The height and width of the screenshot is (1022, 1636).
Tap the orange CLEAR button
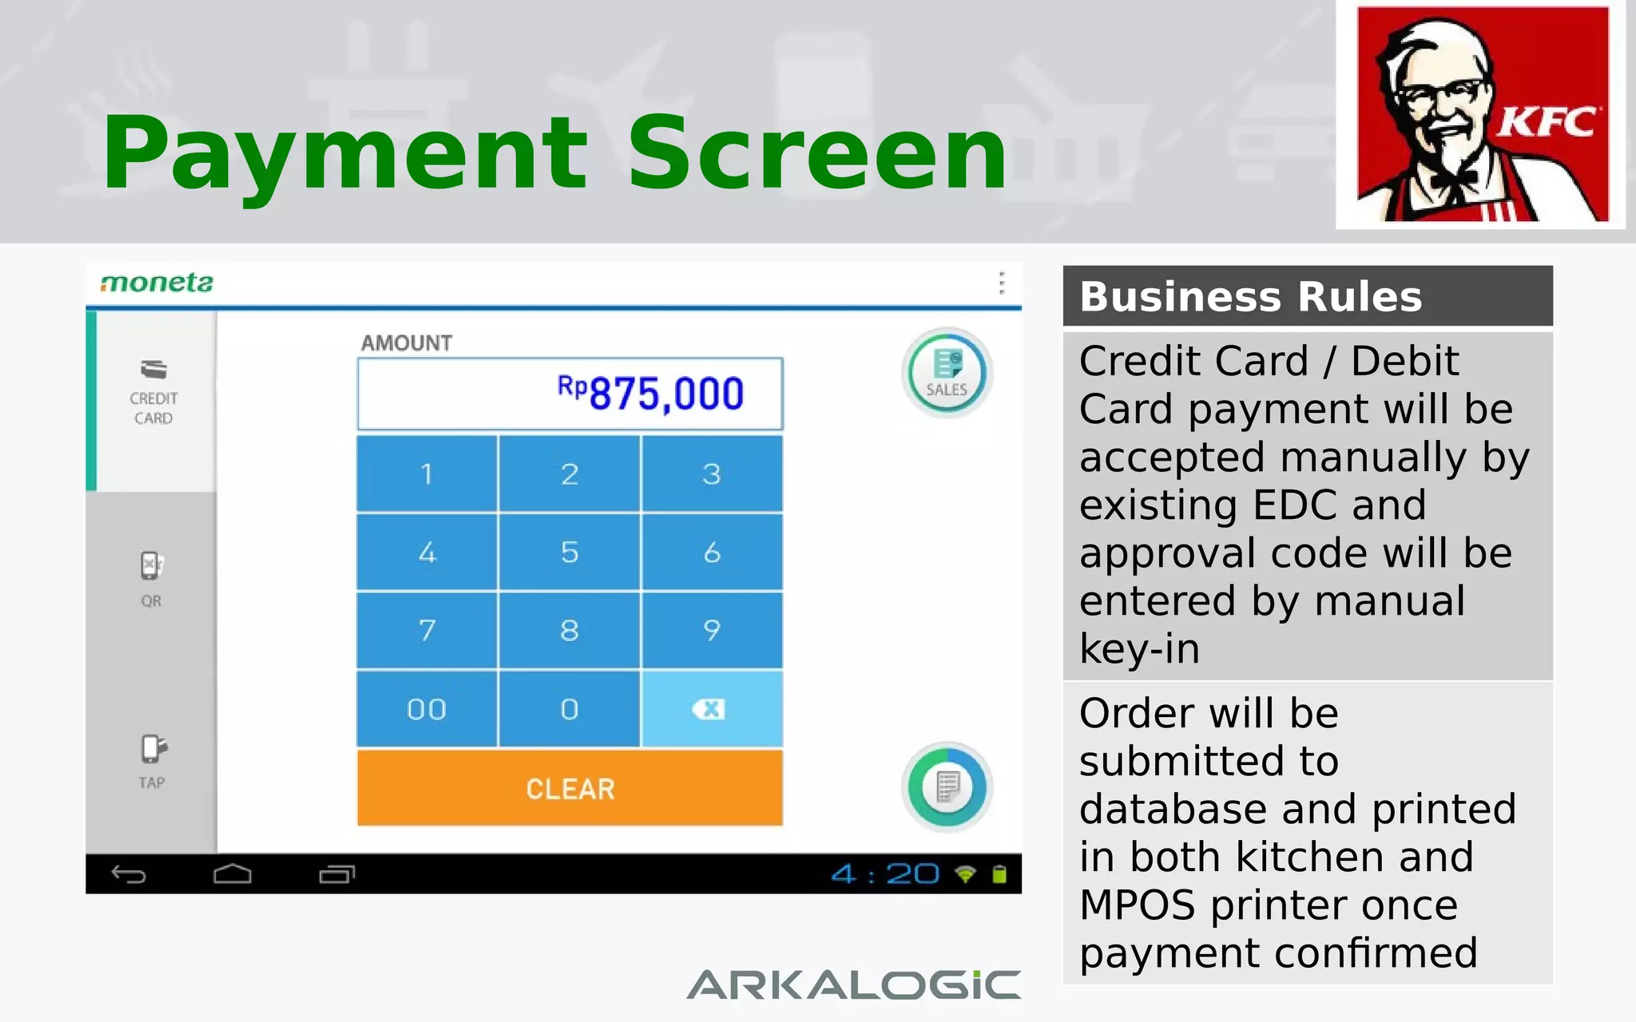coord(570,788)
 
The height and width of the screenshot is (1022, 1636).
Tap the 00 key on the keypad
coord(427,709)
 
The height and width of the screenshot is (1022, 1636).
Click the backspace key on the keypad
coord(711,709)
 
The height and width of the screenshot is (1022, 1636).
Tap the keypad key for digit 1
coord(427,474)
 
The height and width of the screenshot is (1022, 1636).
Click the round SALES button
coord(947,373)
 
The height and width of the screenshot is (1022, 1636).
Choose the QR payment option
coord(151,579)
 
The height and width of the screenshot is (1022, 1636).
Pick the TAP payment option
coord(152,761)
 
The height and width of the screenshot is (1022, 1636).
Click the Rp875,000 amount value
coord(650,394)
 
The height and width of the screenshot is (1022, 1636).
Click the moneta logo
coord(157,283)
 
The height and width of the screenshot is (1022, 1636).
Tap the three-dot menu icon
coord(1001,283)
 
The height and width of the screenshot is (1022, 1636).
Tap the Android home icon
coord(232,874)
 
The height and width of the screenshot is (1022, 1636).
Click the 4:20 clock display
coord(885,874)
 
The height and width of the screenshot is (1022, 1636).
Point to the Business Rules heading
coord(1250,297)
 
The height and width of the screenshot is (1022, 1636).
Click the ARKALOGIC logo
coord(853,985)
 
